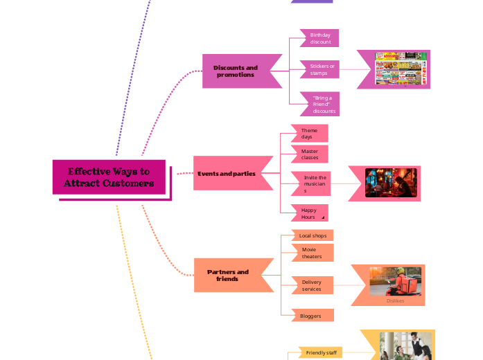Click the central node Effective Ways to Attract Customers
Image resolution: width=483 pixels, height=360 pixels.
point(109,177)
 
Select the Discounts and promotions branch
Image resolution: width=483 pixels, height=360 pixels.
point(236,71)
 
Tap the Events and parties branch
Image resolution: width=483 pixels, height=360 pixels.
point(227,174)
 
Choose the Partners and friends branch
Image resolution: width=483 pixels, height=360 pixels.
point(229,276)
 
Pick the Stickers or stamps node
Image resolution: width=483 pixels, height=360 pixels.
point(320,69)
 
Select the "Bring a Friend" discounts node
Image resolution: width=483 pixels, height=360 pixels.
point(322,105)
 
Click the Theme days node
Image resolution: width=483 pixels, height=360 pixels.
point(310,134)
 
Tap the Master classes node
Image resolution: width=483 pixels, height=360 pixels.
point(310,154)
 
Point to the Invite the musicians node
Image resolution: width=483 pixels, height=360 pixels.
point(314,183)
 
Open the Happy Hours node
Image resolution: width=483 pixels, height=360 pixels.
point(309,213)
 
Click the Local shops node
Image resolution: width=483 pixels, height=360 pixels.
point(313,235)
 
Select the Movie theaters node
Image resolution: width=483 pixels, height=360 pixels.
point(313,253)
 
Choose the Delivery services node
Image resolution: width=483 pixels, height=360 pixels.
point(313,285)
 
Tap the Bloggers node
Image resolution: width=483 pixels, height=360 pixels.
point(311,316)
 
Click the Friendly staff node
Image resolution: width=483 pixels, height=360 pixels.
point(322,352)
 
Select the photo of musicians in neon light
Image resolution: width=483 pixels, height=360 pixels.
point(391,183)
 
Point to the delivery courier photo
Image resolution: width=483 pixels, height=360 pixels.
point(395,281)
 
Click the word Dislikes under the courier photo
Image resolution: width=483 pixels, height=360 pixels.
point(395,300)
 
